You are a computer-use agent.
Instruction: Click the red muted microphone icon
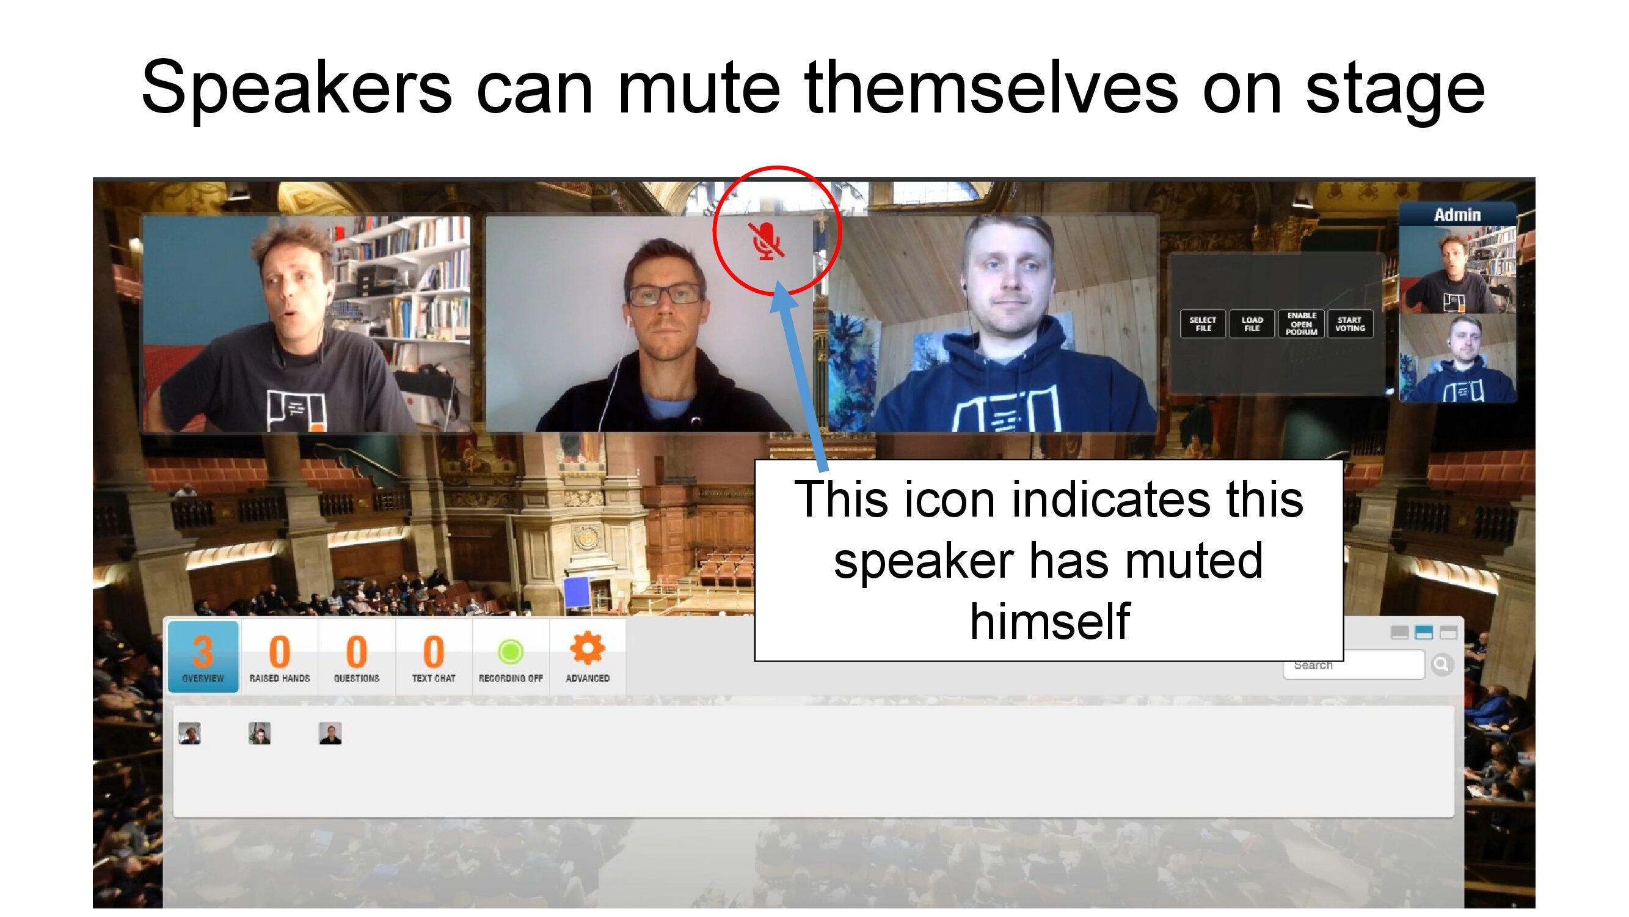coord(767,241)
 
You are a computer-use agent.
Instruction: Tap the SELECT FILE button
coord(1203,324)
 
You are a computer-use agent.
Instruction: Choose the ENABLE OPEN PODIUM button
coord(1302,324)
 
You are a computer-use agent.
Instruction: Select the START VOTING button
coord(1350,324)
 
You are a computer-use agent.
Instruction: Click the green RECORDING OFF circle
coord(511,651)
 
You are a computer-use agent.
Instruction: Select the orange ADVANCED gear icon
coord(588,648)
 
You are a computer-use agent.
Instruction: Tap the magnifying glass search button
coord(1443,665)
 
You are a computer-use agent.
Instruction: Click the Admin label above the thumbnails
coord(1457,215)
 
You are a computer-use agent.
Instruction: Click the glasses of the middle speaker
coord(664,295)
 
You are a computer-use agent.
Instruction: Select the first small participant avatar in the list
coord(190,733)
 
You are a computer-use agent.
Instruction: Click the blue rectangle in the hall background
coord(577,593)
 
